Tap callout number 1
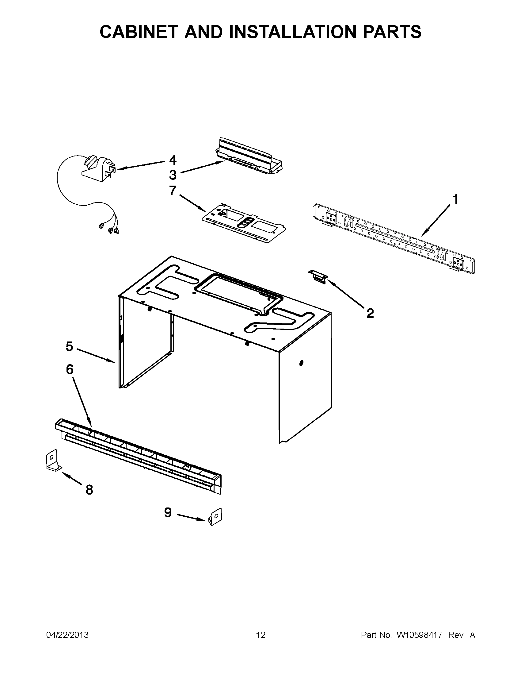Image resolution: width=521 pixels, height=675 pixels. pyautogui.click(x=455, y=200)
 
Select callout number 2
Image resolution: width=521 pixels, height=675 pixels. pyautogui.click(x=370, y=313)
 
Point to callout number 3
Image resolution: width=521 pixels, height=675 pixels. pyautogui.click(x=173, y=175)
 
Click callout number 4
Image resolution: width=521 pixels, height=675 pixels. pyautogui.click(x=173, y=160)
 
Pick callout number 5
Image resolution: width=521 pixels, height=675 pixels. pyautogui.click(x=70, y=346)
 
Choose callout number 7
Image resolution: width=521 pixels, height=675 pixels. pyautogui.click(x=173, y=191)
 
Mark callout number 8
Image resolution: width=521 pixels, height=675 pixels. pyautogui.click(x=89, y=490)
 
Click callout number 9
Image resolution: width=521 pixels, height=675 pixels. pyautogui.click(x=168, y=513)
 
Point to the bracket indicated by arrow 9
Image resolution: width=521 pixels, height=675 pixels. pyautogui.click(x=215, y=516)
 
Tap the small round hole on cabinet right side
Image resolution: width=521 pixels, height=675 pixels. pyautogui.click(x=301, y=363)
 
